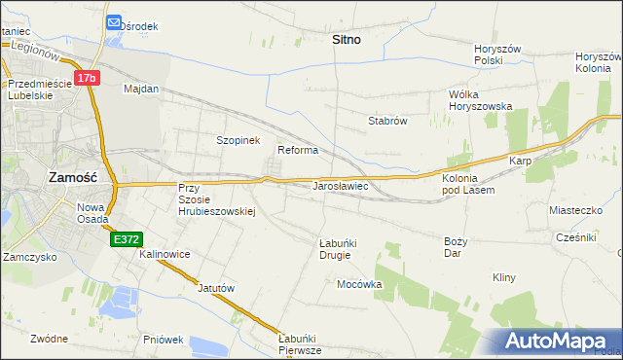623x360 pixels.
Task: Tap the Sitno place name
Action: click(346, 40)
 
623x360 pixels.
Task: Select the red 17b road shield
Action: click(88, 77)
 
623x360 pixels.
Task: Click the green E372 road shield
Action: click(126, 238)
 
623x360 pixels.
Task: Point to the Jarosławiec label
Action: click(339, 185)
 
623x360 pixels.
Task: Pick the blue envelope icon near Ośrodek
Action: click(114, 22)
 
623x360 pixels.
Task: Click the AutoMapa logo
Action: click(560, 341)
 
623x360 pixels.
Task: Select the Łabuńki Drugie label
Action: click(335, 248)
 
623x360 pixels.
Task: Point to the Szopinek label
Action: click(238, 140)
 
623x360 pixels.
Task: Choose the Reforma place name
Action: click(298, 150)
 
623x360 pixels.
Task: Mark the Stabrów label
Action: click(386, 122)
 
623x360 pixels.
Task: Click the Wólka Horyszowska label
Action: click(480, 100)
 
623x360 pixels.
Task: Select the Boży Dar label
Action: click(456, 247)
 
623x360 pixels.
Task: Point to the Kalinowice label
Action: click(165, 254)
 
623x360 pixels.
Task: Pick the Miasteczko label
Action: click(576, 210)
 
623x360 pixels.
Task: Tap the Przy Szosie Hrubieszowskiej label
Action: click(215, 199)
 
